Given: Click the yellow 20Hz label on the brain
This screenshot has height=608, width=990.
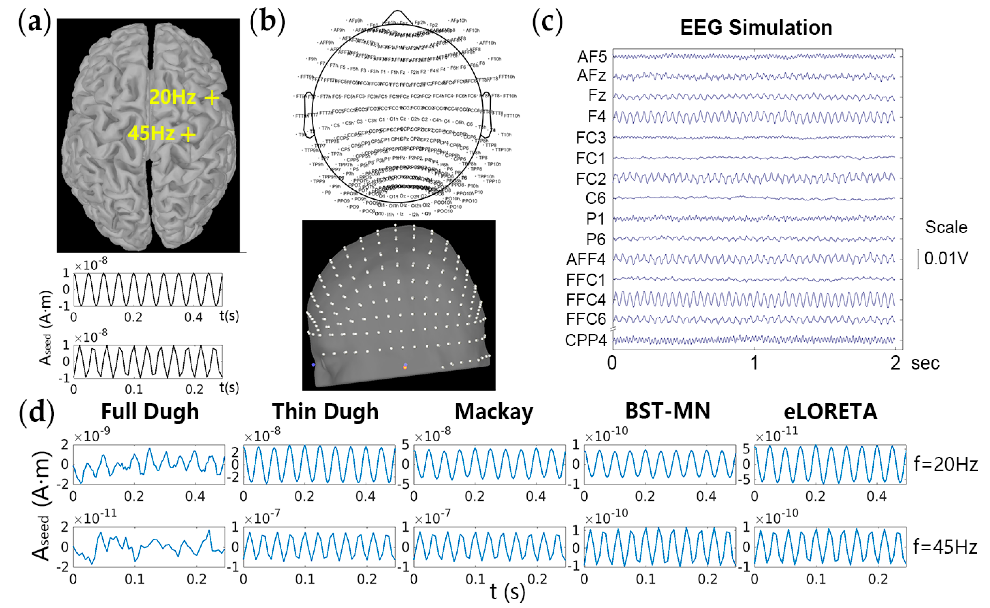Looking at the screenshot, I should [x=172, y=97].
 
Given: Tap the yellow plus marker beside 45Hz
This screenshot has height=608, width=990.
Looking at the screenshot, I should [x=188, y=134].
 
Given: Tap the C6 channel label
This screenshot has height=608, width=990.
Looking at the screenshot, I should [x=595, y=198].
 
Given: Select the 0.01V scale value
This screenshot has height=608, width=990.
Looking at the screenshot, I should [x=946, y=258].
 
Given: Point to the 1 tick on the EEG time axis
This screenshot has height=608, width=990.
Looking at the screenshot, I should [x=754, y=363].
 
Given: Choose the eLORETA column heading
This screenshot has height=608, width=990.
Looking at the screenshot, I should [x=830, y=411].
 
